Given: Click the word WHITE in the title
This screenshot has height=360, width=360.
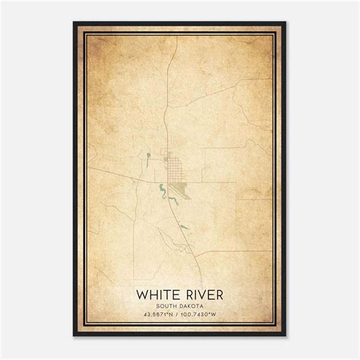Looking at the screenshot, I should (156, 293).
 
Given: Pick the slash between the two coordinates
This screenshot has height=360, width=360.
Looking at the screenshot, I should (179, 315).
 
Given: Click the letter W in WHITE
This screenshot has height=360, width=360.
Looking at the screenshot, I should (141, 293).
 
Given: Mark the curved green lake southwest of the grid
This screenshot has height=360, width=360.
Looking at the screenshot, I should (163, 189).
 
